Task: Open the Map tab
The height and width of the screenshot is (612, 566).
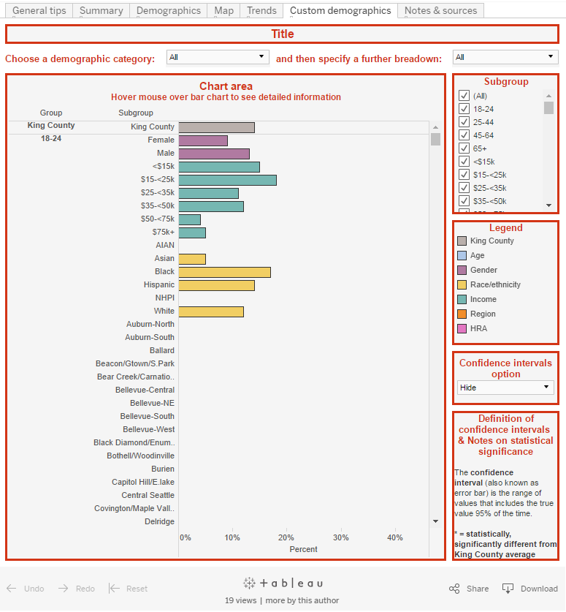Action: (223, 10)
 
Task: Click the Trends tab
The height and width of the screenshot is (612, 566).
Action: (261, 10)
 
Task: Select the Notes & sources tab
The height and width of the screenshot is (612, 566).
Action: (440, 10)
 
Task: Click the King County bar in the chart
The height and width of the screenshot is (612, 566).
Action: (216, 127)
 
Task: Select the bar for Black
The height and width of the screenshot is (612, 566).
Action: (224, 272)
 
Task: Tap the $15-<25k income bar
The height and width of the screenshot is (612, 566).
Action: (227, 180)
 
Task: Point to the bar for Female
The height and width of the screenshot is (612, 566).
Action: (203, 140)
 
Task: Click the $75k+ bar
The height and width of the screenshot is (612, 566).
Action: (192, 233)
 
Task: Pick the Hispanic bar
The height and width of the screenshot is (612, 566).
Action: (216, 285)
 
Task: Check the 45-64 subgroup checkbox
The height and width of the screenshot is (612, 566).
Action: (463, 135)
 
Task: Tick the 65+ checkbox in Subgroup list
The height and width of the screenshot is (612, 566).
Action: (463, 148)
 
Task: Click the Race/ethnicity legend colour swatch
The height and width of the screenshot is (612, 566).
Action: (462, 284)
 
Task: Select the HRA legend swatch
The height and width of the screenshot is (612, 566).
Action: (462, 328)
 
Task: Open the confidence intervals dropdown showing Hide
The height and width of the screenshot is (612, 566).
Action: (505, 388)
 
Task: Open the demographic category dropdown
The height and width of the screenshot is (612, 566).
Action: (218, 57)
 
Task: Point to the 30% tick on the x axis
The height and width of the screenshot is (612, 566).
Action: (340, 537)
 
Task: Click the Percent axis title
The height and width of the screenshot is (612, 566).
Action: (303, 549)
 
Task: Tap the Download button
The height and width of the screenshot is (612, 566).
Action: (530, 589)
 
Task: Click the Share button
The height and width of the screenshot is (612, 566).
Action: (469, 589)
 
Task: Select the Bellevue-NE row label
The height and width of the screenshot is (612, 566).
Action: (152, 404)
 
